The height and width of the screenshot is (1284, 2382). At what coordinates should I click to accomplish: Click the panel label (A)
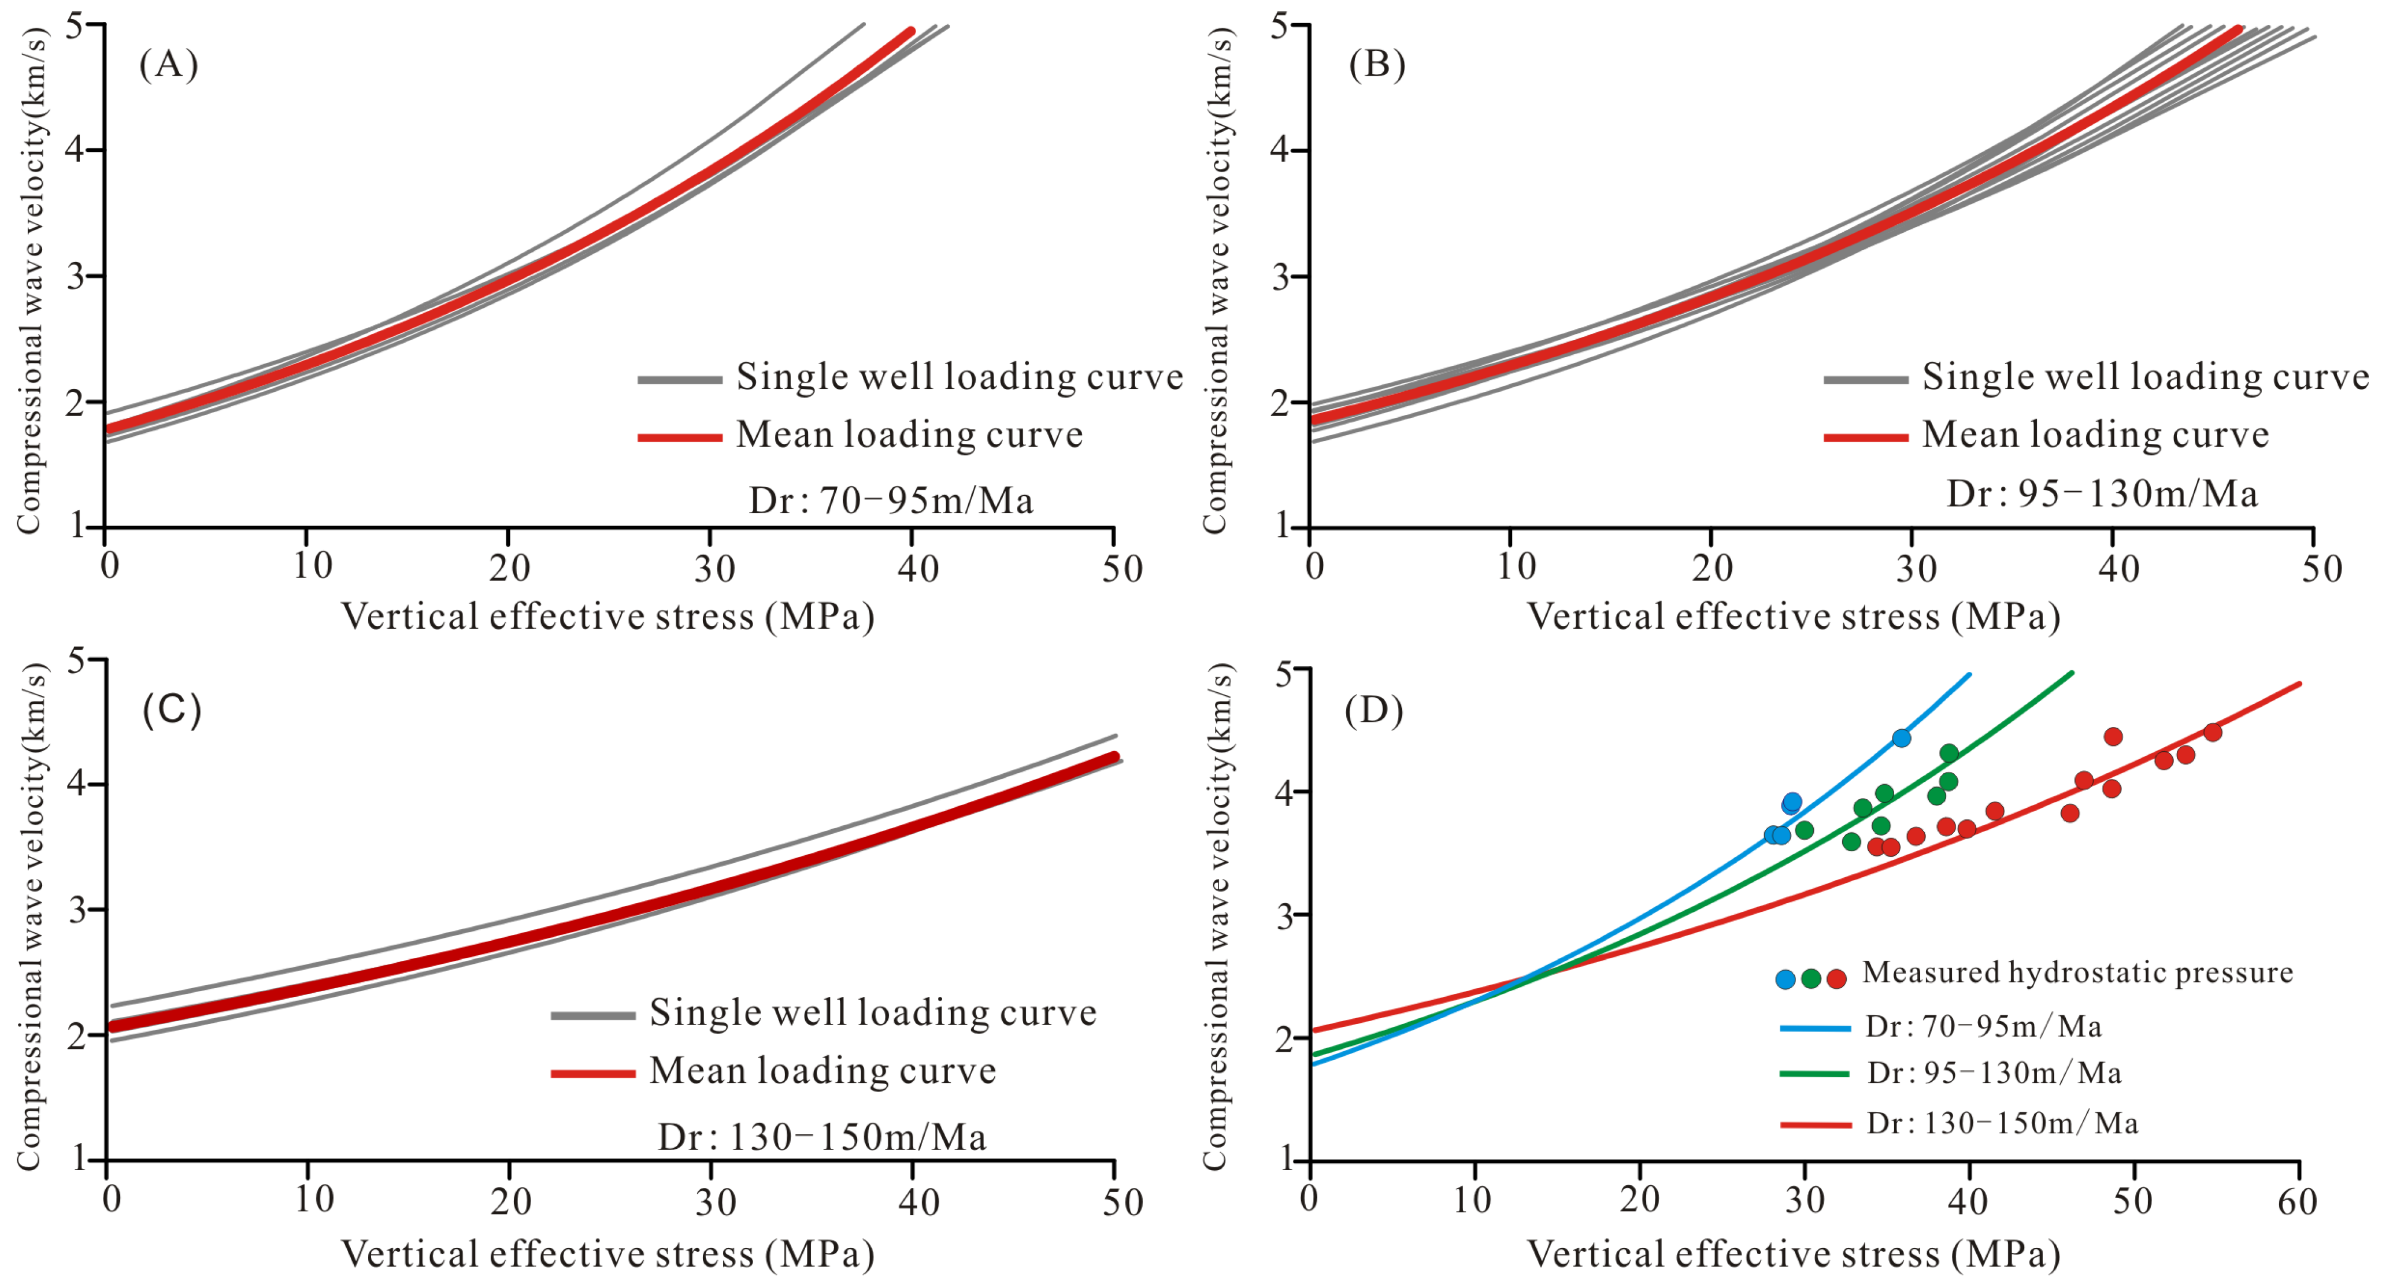click(168, 65)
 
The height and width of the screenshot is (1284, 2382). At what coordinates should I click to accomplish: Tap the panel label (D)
click(1374, 710)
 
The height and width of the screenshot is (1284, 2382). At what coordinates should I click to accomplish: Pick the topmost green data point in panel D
click(1949, 752)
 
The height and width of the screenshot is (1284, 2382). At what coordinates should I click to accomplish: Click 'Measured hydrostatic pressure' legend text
click(2077, 973)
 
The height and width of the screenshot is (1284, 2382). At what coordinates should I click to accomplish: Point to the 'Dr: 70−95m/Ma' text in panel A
click(891, 500)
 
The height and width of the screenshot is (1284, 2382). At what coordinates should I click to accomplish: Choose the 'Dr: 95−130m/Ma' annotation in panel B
click(2102, 493)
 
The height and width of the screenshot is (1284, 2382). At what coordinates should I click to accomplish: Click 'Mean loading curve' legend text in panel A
click(909, 435)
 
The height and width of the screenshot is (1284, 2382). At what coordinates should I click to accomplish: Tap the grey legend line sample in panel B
click(1865, 379)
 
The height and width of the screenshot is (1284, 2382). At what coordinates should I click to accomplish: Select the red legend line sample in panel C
click(592, 1073)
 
